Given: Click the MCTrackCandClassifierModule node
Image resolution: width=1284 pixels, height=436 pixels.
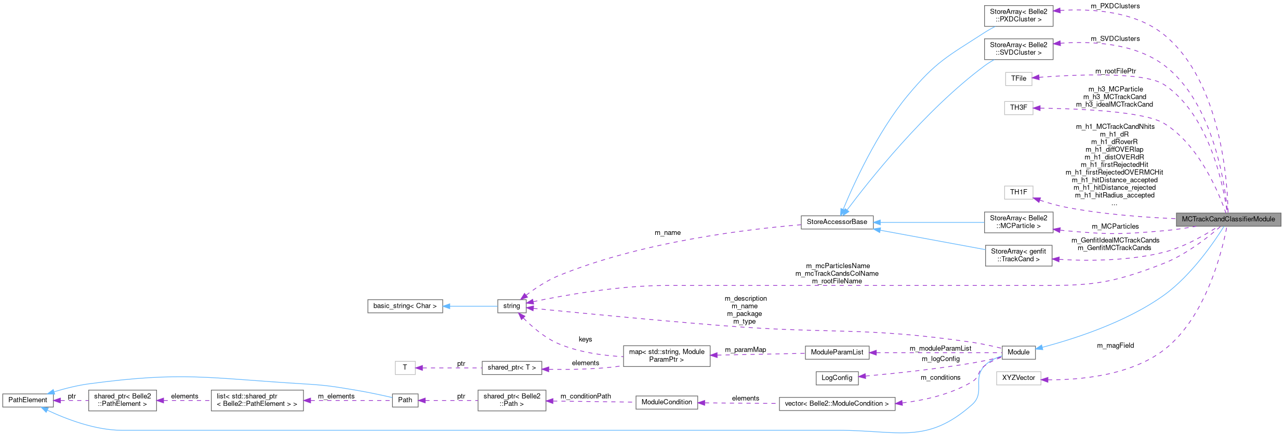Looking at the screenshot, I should tap(1228, 219).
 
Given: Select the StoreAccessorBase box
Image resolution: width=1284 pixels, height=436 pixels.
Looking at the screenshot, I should tap(837, 222).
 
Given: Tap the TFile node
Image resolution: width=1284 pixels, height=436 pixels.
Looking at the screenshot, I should tap(1018, 78).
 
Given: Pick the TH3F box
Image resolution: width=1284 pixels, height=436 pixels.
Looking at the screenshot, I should tap(1018, 108).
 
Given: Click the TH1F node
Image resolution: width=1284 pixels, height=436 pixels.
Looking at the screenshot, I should tap(1018, 192).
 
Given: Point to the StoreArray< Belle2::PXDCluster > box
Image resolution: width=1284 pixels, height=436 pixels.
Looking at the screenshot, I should tap(1018, 16).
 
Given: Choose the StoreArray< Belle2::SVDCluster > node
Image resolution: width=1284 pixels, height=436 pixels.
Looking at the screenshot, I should tap(1018, 49).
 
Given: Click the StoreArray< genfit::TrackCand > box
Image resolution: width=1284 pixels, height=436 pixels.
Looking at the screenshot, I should tap(1018, 255).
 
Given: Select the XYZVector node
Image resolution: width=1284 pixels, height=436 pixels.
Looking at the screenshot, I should tap(1018, 378).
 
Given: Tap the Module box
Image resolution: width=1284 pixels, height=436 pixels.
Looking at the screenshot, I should tap(1018, 352).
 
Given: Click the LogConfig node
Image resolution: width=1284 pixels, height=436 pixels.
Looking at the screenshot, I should tap(837, 378).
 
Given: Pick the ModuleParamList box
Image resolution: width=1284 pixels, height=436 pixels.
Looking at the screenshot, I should tap(837, 352).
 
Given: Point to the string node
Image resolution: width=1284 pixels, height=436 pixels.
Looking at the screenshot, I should tap(511, 306).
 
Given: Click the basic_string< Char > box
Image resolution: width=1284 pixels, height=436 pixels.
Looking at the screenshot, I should tap(405, 306).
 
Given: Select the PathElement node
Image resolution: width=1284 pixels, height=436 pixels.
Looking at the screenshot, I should tap(28, 400).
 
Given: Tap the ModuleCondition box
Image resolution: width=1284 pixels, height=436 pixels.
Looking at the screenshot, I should tap(667, 402).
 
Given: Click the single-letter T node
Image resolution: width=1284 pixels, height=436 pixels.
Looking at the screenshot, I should tap(405, 368).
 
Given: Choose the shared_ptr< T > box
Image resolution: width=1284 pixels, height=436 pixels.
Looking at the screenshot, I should tap(511, 368).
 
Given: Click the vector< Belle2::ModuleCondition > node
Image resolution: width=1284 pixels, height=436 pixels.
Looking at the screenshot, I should tap(837, 404).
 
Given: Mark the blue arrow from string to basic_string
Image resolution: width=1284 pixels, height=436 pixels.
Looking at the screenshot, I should tap(470, 306).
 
